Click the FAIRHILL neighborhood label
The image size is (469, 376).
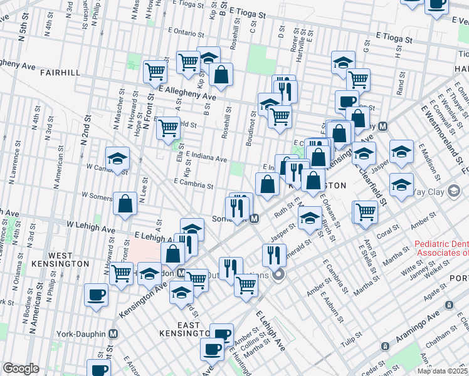[60, 73]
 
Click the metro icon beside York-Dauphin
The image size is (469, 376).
[113, 334]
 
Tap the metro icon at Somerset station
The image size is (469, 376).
[254, 219]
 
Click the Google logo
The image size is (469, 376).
[20, 368]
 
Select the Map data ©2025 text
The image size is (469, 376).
[442, 371]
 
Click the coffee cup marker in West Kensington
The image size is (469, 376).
[97, 295]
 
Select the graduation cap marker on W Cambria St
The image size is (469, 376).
[117, 159]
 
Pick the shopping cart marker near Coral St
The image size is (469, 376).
[364, 211]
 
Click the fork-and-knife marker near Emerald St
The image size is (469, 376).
[273, 254]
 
